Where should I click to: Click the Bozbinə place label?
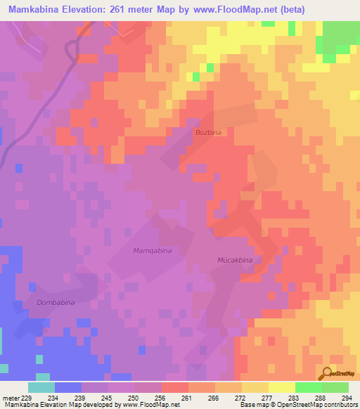[208, 132]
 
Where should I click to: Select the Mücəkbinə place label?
[233, 260]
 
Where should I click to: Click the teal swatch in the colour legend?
[41, 387]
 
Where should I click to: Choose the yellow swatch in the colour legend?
[281, 387]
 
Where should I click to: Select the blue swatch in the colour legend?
[68, 387]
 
